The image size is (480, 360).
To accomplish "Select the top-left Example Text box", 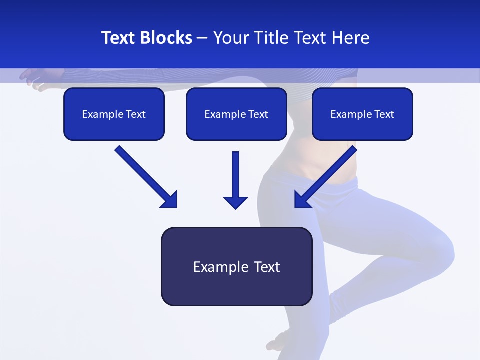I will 114,114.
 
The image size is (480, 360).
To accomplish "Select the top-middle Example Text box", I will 236,114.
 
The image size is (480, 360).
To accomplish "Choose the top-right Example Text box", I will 362,114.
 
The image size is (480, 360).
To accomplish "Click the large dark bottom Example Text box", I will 236,266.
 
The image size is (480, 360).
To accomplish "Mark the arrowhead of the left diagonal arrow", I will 170,200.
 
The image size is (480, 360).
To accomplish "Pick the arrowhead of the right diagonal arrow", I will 301,200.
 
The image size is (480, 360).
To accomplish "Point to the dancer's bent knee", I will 445,250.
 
